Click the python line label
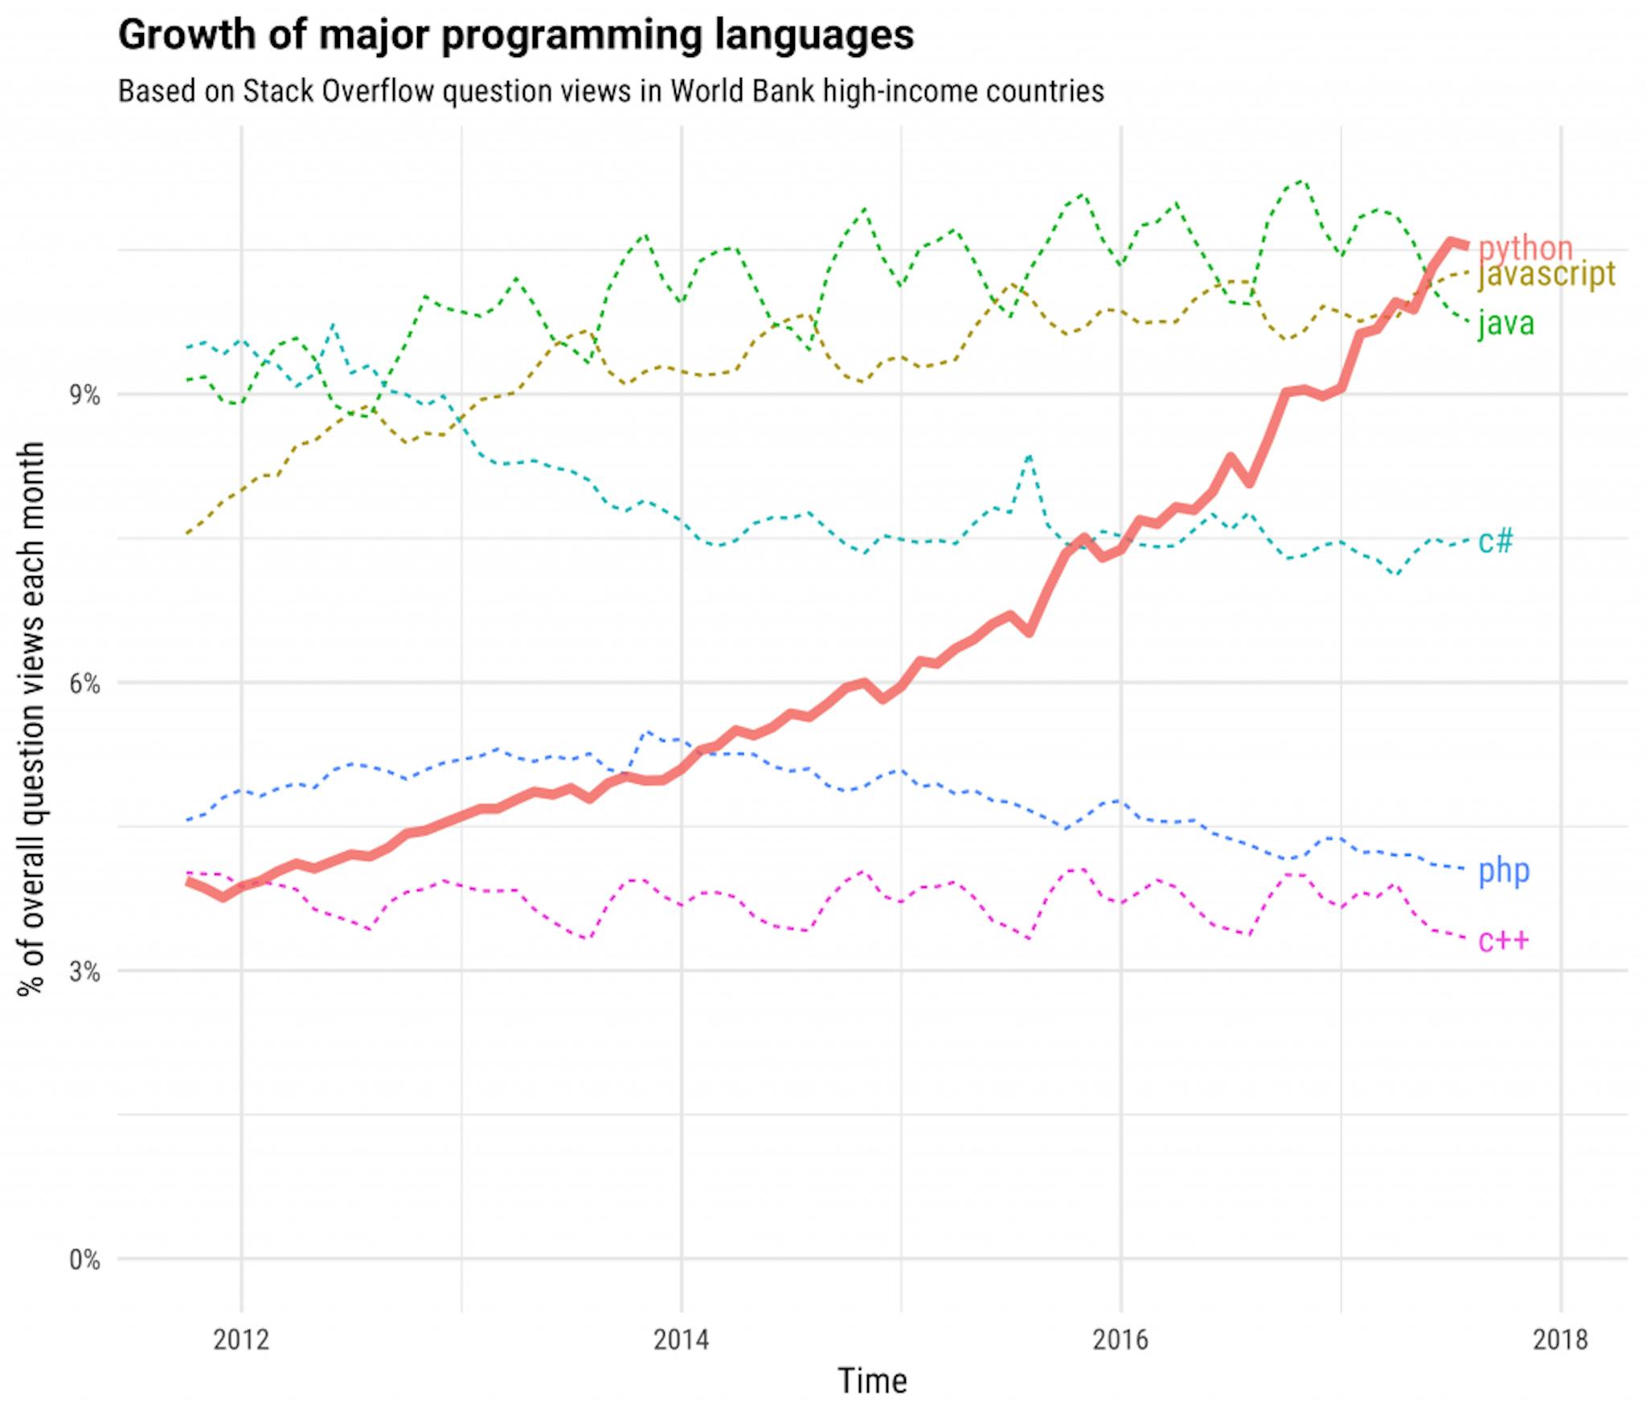(x=1525, y=248)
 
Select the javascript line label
(x=1546, y=274)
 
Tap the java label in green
(x=1505, y=323)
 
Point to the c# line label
(x=1495, y=541)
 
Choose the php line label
(x=1504, y=871)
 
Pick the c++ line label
(x=1503, y=940)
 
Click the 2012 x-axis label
(x=240, y=1339)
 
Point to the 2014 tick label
(x=681, y=1339)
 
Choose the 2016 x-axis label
(x=1120, y=1339)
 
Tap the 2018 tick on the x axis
(x=1560, y=1339)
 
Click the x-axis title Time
(x=872, y=1381)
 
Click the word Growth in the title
(x=186, y=35)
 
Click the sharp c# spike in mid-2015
(x=1029, y=456)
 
